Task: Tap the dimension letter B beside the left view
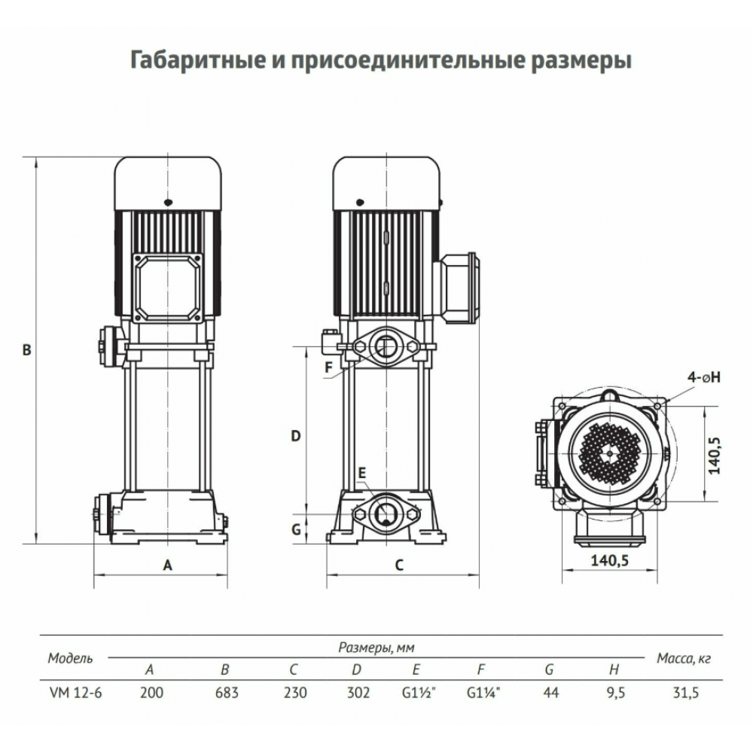(27, 350)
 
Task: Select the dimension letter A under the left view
(167, 566)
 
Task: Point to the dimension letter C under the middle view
(400, 566)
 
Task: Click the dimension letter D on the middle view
(296, 436)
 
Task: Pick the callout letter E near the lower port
(362, 473)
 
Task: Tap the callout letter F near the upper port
(328, 367)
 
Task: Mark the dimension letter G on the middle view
(296, 529)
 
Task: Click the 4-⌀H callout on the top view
(704, 377)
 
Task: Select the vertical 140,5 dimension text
(715, 456)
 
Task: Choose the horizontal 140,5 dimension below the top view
(609, 560)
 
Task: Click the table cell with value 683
(227, 693)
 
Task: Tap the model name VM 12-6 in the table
(76, 693)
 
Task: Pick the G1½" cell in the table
(419, 693)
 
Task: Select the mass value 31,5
(686, 693)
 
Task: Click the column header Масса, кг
(684, 658)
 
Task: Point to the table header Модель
(70, 658)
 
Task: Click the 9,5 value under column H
(615, 693)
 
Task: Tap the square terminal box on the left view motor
(167, 288)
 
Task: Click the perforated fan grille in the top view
(610, 453)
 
